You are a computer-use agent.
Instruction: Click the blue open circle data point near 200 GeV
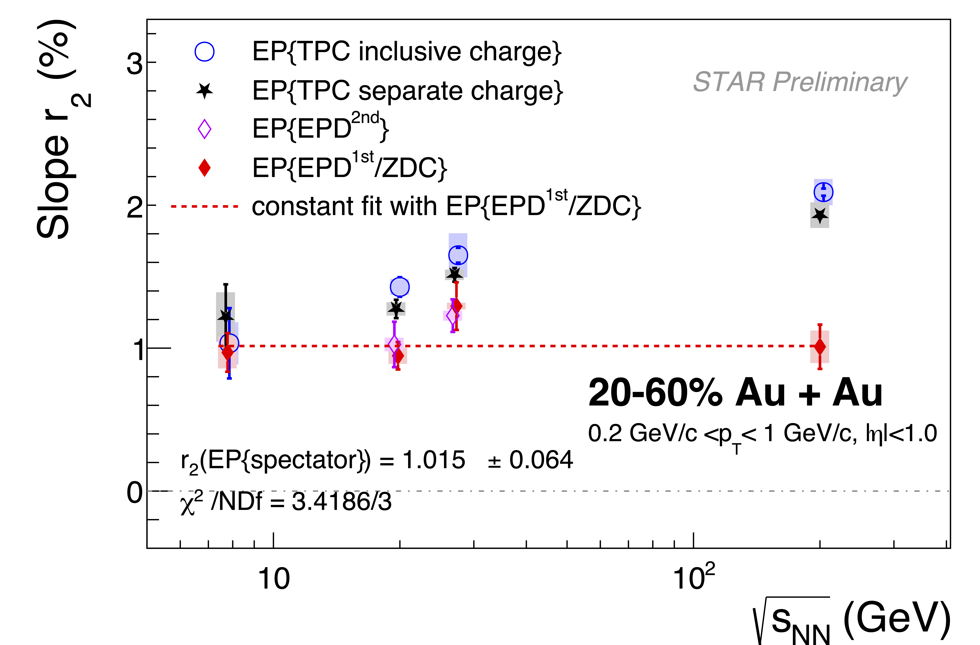[x=824, y=192]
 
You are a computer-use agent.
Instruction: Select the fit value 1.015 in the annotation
[x=434, y=460]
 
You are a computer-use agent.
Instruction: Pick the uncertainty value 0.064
[x=541, y=460]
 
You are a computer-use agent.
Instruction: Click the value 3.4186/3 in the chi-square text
[x=341, y=502]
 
